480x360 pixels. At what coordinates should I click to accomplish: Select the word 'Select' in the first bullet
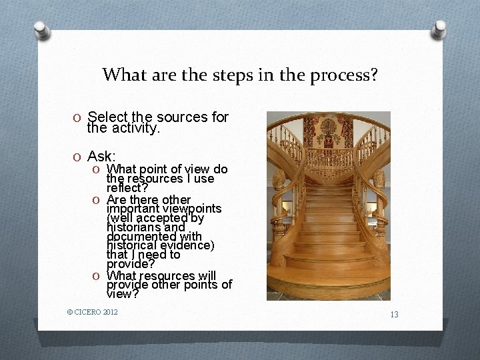(x=107, y=117)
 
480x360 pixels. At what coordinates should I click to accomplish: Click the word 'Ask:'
(x=101, y=156)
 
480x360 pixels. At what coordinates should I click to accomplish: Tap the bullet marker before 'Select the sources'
(x=77, y=118)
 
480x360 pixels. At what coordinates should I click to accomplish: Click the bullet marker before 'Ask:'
(x=77, y=157)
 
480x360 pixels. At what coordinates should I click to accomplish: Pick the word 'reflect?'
(x=127, y=188)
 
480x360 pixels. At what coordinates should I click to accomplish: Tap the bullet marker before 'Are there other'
(x=97, y=200)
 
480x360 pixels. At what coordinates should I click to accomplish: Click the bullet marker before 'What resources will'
(x=97, y=276)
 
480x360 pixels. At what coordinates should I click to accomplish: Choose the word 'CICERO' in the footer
(x=88, y=311)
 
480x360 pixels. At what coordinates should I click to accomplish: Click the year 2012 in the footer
(x=111, y=311)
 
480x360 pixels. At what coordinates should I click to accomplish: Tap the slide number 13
(x=394, y=314)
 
